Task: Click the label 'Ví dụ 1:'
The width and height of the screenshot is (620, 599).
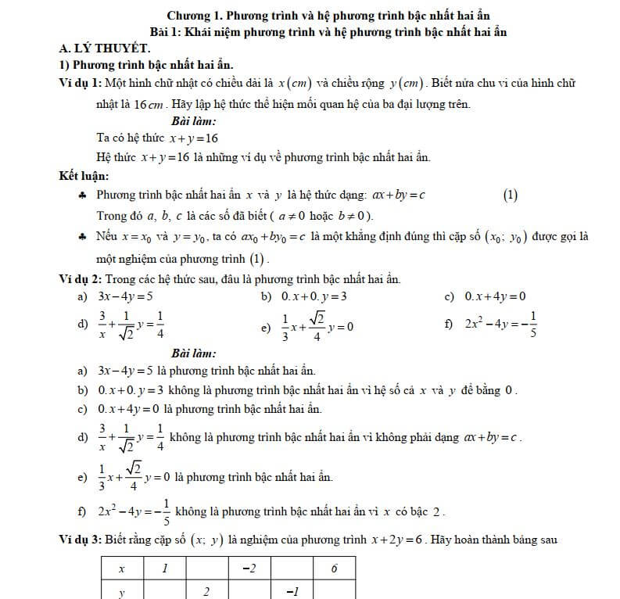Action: point(81,84)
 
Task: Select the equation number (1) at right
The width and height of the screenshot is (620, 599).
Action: point(510,195)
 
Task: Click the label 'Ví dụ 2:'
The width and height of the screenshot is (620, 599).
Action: point(81,278)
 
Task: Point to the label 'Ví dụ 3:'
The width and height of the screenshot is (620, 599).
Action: point(81,539)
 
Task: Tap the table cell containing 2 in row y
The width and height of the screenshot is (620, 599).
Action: point(206,591)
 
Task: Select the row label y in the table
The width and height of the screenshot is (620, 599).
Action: point(122,591)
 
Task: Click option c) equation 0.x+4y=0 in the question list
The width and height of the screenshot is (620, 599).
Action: point(495,296)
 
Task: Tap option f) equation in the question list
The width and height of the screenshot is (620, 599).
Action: point(500,322)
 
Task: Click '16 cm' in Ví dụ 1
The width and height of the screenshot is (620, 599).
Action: point(149,105)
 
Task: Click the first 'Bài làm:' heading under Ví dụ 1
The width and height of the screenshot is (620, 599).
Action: point(193,120)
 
